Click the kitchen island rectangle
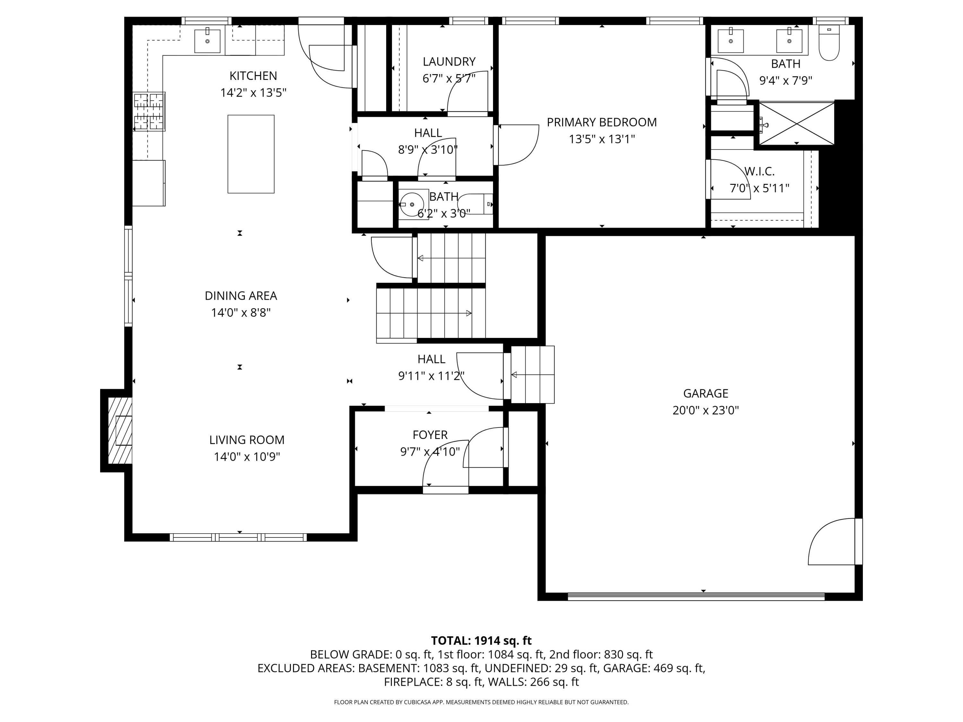(251, 154)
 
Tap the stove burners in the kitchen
(149, 112)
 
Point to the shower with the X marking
(796, 123)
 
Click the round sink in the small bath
(412, 204)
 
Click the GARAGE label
(705, 393)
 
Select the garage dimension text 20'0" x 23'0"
(705, 410)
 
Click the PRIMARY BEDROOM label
(602, 122)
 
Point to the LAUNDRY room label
(449, 62)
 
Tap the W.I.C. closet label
(759, 171)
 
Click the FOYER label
(430, 435)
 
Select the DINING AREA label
(241, 296)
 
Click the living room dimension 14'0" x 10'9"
(247, 457)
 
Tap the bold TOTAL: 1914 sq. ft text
(481, 640)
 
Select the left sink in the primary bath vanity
(731, 40)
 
